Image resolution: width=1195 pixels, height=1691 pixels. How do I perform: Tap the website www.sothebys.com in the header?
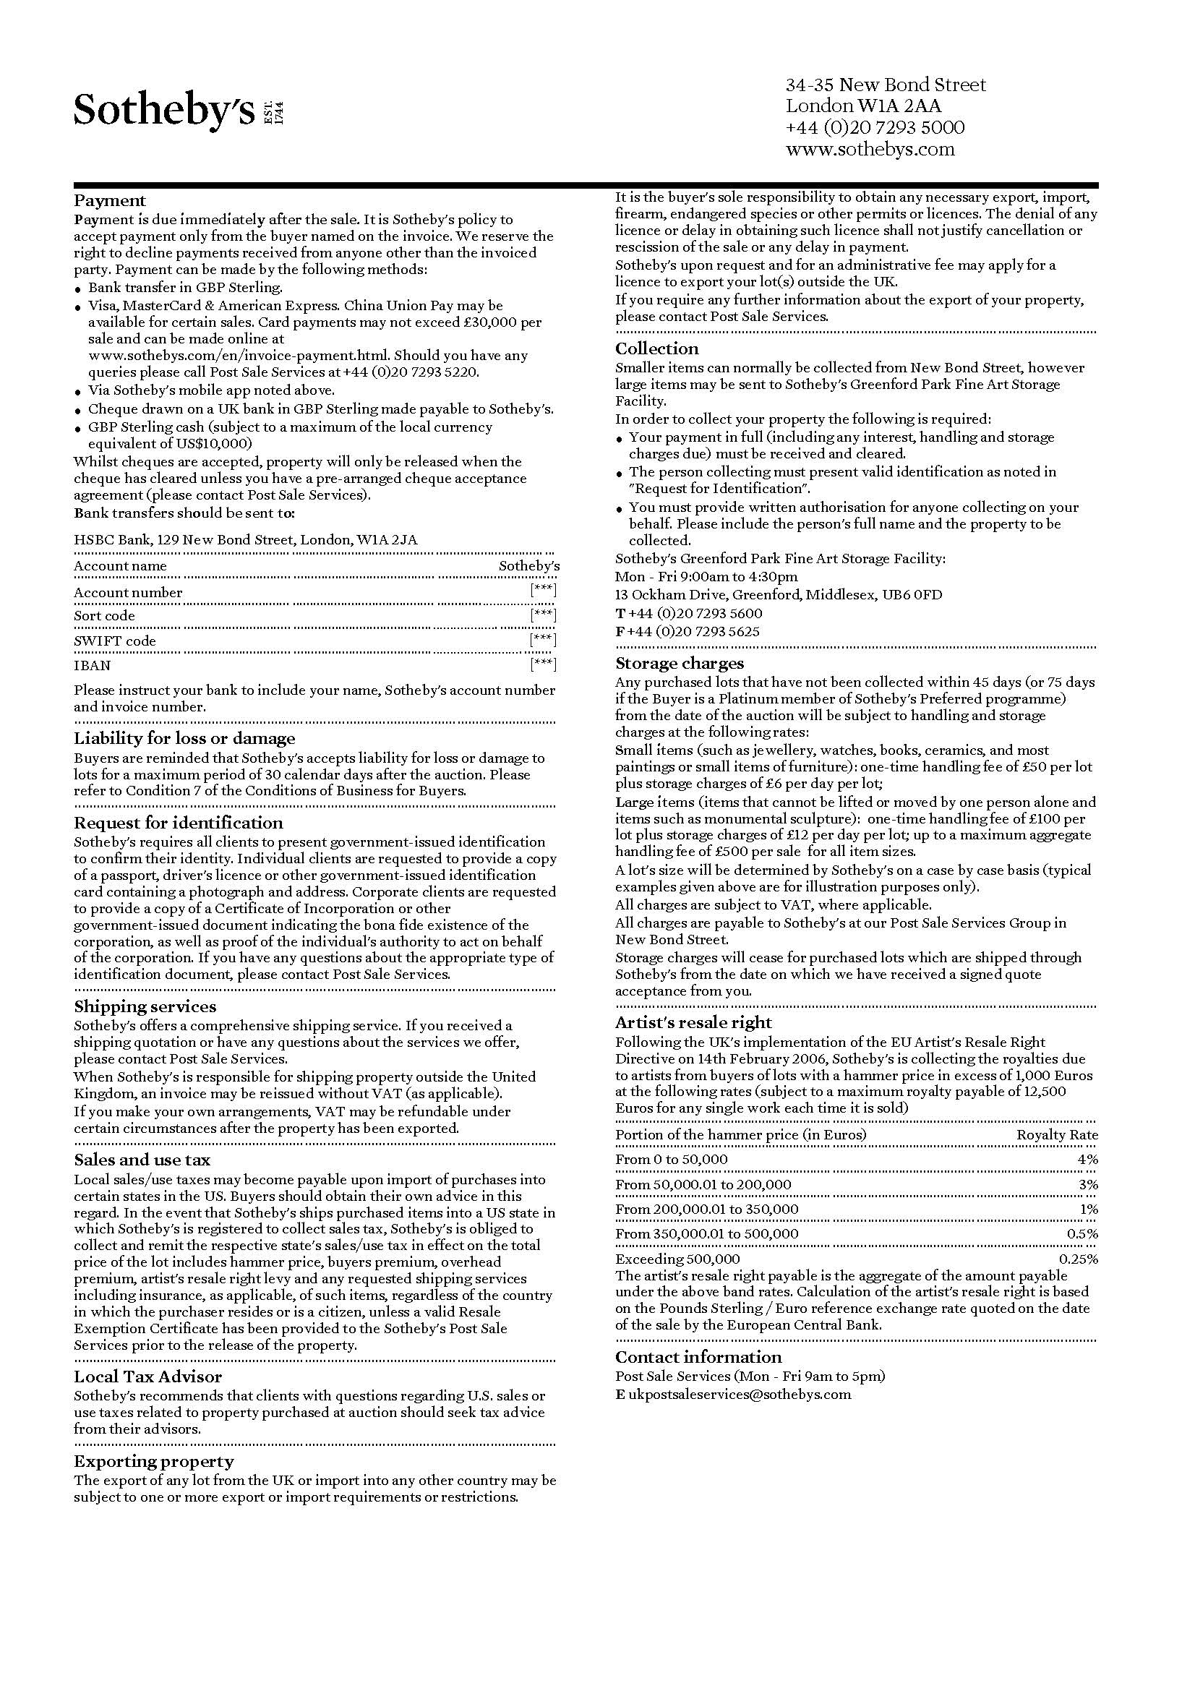click(870, 150)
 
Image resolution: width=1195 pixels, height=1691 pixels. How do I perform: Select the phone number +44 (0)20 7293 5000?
click(875, 127)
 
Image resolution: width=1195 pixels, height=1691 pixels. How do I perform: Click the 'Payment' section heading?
click(110, 200)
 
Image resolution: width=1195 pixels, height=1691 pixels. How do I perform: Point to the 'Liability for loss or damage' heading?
click(184, 738)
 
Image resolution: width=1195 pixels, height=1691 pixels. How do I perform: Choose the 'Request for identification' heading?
click(178, 823)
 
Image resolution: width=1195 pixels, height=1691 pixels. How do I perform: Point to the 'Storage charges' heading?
click(680, 663)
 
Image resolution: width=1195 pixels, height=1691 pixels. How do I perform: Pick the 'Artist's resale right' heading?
click(693, 1022)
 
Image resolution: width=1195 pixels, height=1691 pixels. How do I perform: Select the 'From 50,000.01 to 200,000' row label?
click(703, 1185)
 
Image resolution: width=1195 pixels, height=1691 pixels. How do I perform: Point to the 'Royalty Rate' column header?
click(1057, 1135)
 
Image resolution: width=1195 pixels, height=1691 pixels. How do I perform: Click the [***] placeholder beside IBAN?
click(543, 664)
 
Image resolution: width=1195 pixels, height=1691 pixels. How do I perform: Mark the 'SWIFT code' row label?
click(115, 641)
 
